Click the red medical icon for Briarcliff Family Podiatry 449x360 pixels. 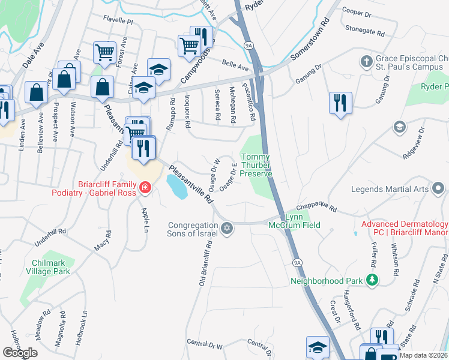[144, 189]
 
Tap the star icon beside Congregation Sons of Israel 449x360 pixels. [227, 227]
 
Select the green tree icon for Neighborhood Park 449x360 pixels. [372, 280]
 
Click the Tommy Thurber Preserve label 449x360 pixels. [256, 165]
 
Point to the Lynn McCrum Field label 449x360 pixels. [302, 221]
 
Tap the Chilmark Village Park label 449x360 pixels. [51, 267]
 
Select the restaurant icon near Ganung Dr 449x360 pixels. [340, 101]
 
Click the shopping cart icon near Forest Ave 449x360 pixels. [104, 52]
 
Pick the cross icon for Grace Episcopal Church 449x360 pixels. [366, 61]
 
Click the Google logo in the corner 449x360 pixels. [20, 353]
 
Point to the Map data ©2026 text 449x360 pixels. [424, 355]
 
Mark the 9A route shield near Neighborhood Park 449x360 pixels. [297, 262]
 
